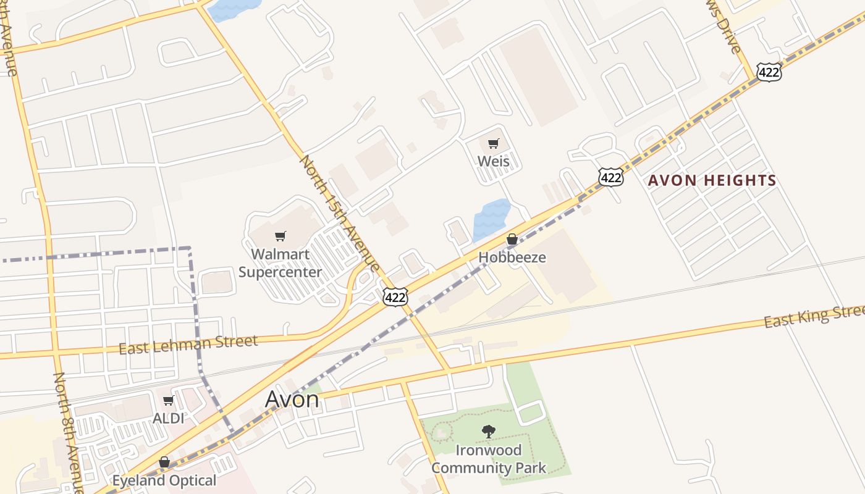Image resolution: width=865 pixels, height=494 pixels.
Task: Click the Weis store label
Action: click(x=494, y=161)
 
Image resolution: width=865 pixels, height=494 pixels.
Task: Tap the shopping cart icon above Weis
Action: click(x=493, y=144)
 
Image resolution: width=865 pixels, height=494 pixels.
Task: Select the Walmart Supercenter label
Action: click(x=280, y=263)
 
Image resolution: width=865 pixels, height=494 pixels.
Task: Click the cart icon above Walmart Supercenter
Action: click(x=281, y=236)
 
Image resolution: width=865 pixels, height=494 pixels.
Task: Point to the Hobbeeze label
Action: click(x=512, y=257)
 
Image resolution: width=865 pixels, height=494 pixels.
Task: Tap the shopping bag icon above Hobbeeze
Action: click(x=512, y=239)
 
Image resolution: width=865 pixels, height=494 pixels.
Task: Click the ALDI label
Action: click(x=169, y=418)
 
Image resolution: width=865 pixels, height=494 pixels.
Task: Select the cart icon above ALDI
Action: click(x=168, y=401)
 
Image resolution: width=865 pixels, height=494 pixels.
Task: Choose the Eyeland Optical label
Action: click(x=164, y=480)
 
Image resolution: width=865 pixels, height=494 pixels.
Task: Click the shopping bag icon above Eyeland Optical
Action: click(x=164, y=462)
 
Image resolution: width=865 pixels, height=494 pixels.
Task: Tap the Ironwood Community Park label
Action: click(x=488, y=459)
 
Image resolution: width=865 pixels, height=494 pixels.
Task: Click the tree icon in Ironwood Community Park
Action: click(x=489, y=431)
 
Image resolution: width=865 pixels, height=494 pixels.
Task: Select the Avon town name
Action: click(x=292, y=400)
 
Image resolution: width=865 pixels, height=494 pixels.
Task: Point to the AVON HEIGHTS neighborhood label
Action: click(x=712, y=181)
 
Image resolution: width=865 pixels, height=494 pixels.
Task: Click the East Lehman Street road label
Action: click(x=188, y=344)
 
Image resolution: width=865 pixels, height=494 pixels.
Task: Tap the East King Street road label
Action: click(x=813, y=317)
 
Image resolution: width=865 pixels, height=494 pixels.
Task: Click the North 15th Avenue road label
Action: click(x=339, y=213)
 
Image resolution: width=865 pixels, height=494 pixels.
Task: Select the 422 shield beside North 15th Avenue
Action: click(x=395, y=298)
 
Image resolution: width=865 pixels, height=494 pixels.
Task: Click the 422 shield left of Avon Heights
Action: click(x=610, y=178)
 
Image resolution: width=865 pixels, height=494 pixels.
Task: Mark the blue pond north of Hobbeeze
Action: click(x=491, y=219)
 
